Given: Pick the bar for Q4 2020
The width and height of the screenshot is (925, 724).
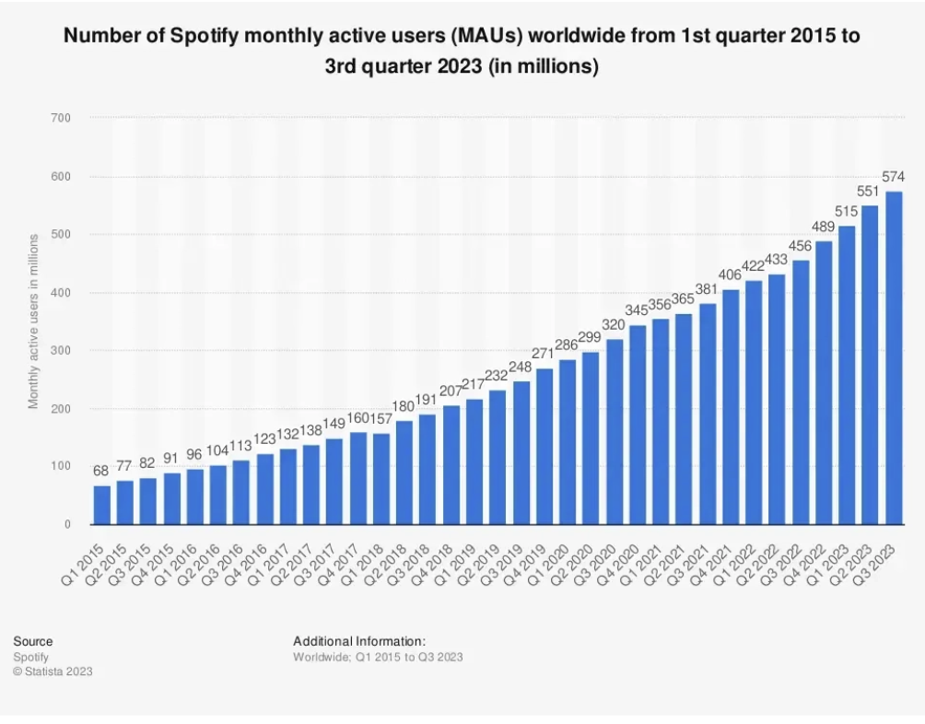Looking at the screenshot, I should point(638,425).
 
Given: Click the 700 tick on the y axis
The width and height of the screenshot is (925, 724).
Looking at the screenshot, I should point(62,118).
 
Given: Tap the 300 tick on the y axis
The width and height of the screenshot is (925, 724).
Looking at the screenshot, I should point(62,351).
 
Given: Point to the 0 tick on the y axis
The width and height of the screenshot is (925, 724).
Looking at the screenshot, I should point(67,525).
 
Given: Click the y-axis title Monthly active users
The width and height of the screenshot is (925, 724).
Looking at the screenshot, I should point(33,321).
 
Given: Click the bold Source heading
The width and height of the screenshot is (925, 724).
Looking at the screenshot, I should point(33,641).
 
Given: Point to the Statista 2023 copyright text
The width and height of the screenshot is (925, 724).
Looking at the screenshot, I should point(53,671).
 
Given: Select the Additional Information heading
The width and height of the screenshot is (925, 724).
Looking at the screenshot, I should point(358,641).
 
